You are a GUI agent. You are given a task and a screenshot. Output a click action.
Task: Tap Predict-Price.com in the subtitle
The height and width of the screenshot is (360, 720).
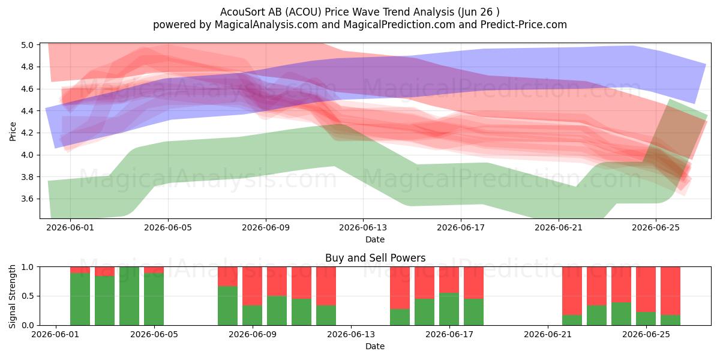(x=524, y=25)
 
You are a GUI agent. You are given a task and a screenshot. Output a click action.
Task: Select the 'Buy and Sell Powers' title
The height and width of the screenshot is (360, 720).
(x=375, y=258)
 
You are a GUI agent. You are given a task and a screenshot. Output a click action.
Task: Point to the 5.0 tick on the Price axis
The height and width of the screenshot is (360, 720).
(x=28, y=45)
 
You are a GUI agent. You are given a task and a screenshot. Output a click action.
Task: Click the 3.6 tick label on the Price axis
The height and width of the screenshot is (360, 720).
(x=28, y=199)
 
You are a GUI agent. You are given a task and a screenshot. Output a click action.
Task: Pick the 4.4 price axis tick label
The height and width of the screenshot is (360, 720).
(x=28, y=111)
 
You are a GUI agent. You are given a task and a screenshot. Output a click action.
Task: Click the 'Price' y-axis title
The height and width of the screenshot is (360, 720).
(x=13, y=131)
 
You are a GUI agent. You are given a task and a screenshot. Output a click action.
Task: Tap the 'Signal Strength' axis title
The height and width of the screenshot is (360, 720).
(x=12, y=296)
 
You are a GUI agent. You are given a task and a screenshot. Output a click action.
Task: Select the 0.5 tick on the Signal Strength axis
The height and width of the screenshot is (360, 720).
(x=28, y=296)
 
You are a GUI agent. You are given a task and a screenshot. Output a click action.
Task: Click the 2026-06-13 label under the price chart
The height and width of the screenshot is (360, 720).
(x=363, y=227)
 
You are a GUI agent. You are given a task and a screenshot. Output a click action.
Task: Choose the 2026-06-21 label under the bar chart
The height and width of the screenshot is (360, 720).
(x=548, y=335)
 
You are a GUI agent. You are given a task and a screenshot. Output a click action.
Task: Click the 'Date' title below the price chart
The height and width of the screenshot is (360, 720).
(x=375, y=239)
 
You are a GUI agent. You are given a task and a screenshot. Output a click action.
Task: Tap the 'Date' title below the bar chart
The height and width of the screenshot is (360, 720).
(x=375, y=346)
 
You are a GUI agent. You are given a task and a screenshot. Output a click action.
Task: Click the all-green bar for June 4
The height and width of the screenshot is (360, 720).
(x=129, y=296)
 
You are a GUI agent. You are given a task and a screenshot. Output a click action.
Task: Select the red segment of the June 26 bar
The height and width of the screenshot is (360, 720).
(x=671, y=291)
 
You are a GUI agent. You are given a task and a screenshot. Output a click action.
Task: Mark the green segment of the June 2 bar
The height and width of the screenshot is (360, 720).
(x=80, y=299)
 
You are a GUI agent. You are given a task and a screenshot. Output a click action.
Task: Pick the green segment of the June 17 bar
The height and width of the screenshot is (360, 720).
(x=449, y=309)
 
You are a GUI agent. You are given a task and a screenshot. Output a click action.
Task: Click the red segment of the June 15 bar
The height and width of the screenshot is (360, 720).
(x=400, y=288)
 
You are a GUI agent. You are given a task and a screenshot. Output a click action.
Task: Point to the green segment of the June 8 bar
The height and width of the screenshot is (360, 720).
(x=227, y=305)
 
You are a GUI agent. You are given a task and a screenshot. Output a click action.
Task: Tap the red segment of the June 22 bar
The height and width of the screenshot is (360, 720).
(x=572, y=291)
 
